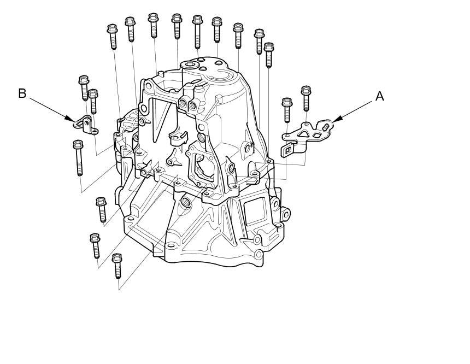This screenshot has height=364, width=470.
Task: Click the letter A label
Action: point(379,97)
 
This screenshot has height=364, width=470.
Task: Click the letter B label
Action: point(22,93)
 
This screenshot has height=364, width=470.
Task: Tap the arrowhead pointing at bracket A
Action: point(336,120)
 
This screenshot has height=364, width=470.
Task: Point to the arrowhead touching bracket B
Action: point(70,119)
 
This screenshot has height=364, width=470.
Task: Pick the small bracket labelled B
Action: point(86,125)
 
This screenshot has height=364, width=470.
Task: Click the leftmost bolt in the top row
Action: point(113,37)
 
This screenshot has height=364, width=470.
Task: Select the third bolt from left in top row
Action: point(153,26)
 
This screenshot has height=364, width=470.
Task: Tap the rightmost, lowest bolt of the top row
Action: point(268,55)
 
